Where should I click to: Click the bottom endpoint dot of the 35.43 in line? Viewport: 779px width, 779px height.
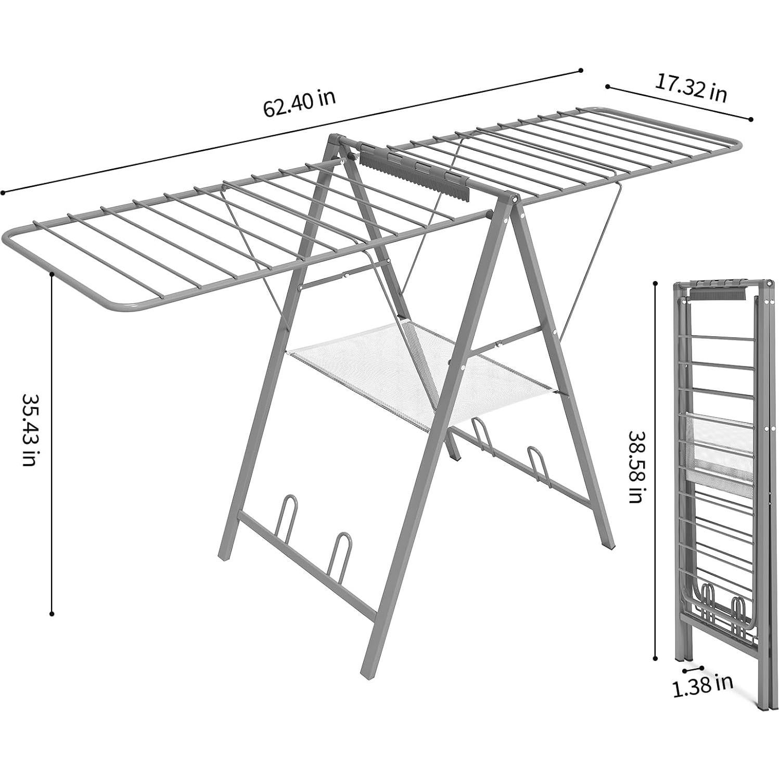52,614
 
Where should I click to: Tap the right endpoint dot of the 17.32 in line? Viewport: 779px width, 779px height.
750,119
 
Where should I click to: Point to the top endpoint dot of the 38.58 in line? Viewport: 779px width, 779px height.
655,284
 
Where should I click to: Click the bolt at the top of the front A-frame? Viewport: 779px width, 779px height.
514,199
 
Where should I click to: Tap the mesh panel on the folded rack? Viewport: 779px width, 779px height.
721,448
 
